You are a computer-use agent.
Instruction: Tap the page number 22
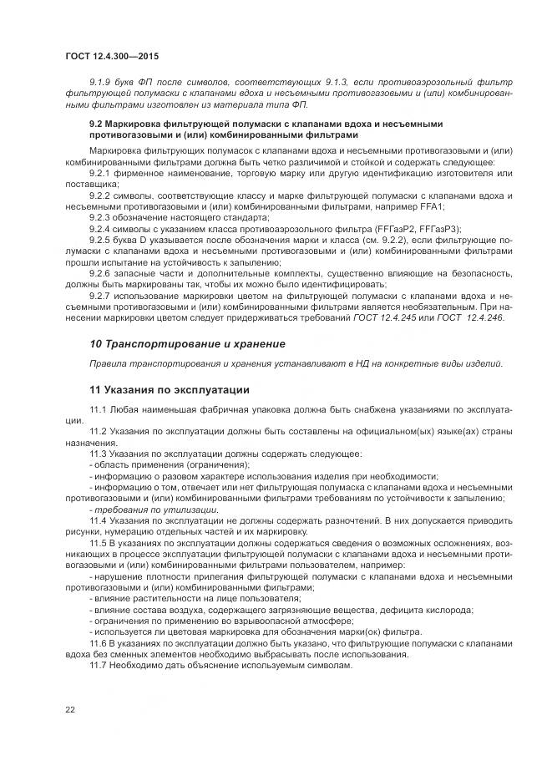click(69, 710)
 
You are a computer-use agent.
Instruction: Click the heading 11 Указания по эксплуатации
click(168, 389)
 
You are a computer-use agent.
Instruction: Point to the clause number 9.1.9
click(101, 82)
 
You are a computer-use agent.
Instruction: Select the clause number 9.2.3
click(101, 216)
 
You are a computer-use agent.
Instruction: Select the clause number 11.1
click(98, 408)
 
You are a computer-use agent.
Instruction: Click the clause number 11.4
click(98, 520)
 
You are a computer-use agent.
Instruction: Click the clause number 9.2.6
click(101, 272)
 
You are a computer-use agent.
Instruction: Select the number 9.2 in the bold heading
click(96, 123)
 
